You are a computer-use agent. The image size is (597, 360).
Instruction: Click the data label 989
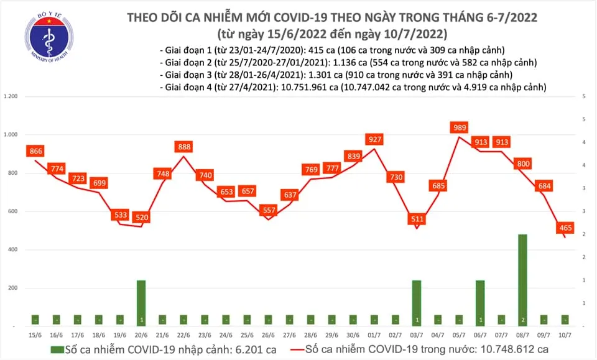point(460,127)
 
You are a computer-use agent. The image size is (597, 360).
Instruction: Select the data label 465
point(566,228)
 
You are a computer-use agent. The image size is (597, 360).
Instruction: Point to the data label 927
point(374,139)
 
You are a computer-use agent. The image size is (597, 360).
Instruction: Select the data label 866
point(35,151)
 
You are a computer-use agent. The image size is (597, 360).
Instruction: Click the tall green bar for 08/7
point(523,279)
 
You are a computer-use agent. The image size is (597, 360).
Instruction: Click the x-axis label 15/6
point(35,335)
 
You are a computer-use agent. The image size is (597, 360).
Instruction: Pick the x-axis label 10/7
point(565,335)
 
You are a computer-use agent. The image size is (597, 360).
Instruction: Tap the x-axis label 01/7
point(374,335)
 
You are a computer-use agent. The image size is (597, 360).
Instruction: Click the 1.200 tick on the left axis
point(11,97)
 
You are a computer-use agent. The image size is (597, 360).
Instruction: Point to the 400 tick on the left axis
point(13,250)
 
